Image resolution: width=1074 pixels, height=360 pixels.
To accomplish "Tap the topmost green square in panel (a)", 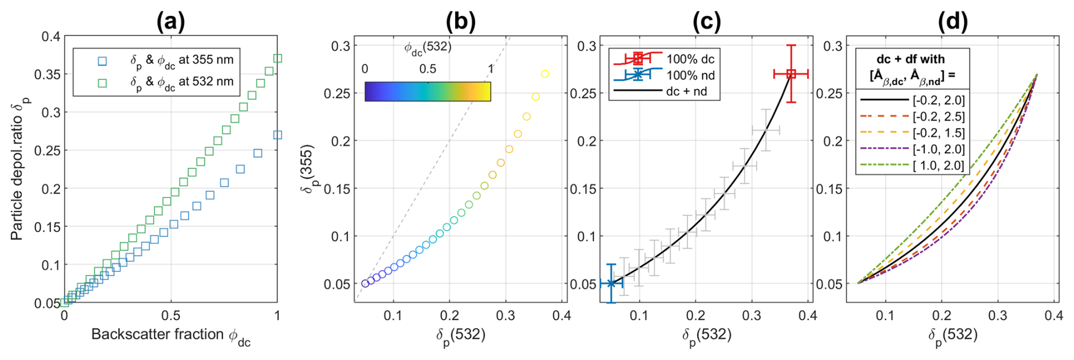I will click(x=278, y=58).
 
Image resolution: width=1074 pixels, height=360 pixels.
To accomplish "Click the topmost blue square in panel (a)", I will click(x=278, y=135).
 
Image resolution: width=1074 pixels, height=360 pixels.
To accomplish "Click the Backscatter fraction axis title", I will click(x=170, y=335).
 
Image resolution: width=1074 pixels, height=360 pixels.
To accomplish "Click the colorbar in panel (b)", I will click(x=427, y=91).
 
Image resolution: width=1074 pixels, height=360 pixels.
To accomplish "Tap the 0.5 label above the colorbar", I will click(x=427, y=69).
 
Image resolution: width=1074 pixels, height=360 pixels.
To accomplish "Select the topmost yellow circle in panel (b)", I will click(x=545, y=74).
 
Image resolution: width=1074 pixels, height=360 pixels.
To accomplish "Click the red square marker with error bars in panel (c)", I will click(x=791, y=74).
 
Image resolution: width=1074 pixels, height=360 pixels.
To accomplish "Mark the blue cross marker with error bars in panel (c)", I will click(x=611, y=283).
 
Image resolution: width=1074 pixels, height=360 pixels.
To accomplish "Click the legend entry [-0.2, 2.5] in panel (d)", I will click(x=938, y=117).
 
